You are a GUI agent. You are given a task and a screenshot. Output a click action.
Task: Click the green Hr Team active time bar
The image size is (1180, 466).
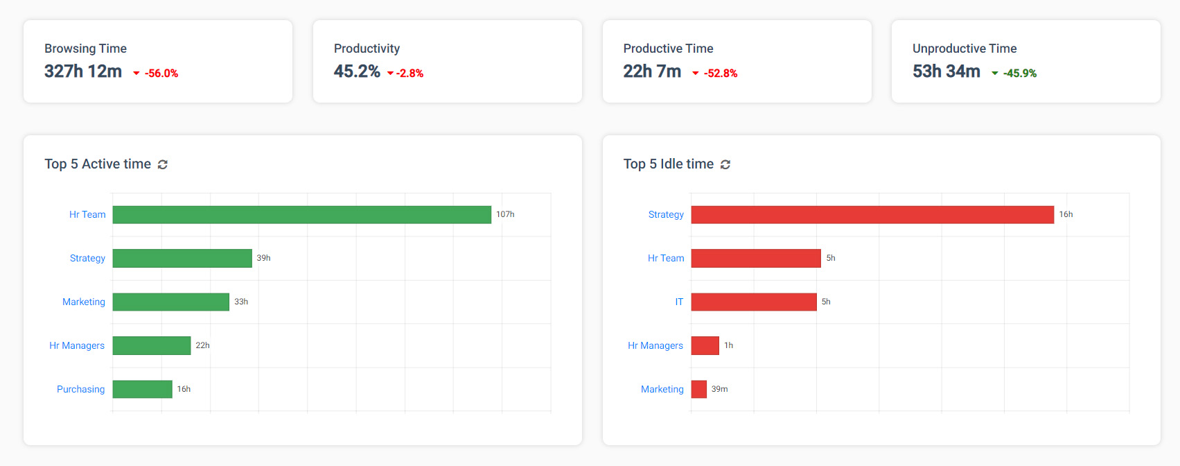(x=301, y=215)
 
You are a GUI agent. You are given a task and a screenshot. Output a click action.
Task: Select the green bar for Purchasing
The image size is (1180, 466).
(x=142, y=389)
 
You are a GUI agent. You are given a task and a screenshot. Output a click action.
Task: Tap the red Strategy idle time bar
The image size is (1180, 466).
(x=872, y=215)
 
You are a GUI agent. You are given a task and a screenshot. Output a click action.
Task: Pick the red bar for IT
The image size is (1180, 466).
(x=754, y=302)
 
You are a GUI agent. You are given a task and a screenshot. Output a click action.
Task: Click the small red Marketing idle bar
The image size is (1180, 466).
(x=698, y=389)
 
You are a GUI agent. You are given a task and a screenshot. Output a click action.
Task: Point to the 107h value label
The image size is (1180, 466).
(x=505, y=214)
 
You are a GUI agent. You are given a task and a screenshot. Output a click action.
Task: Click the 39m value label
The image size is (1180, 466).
(x=719, y=389)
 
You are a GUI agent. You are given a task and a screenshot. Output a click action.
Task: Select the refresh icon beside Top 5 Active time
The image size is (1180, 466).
(x=163, y=164)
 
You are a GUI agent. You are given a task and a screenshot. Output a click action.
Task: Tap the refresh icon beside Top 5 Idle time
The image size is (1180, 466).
(x=725, y=164)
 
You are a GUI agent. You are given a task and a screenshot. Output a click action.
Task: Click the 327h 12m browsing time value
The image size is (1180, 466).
(x=83, y=71)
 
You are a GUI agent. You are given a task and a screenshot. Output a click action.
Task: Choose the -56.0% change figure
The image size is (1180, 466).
(x=161, y=74)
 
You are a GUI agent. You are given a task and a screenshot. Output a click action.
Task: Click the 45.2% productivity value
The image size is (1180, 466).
(x=357, y=71)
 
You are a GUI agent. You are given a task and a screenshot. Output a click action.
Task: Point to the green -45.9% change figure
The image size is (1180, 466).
(x=1020, y=74)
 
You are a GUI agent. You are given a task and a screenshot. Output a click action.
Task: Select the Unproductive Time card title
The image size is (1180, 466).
(x=965, y=49)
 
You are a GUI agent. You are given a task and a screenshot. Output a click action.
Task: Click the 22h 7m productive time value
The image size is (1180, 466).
(x=652, y=71)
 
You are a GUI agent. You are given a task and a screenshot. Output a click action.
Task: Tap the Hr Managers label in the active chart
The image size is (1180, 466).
(x=77, y=345)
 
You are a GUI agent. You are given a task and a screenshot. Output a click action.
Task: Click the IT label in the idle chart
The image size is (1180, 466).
(x=679, y=302)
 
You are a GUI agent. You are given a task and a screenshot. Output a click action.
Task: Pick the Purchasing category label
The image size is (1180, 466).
(x=80, y=389)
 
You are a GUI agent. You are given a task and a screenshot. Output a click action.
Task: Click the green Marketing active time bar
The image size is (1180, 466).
(x=170, y=302)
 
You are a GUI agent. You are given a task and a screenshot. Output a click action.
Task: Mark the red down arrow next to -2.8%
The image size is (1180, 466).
(x=390, y=74)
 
